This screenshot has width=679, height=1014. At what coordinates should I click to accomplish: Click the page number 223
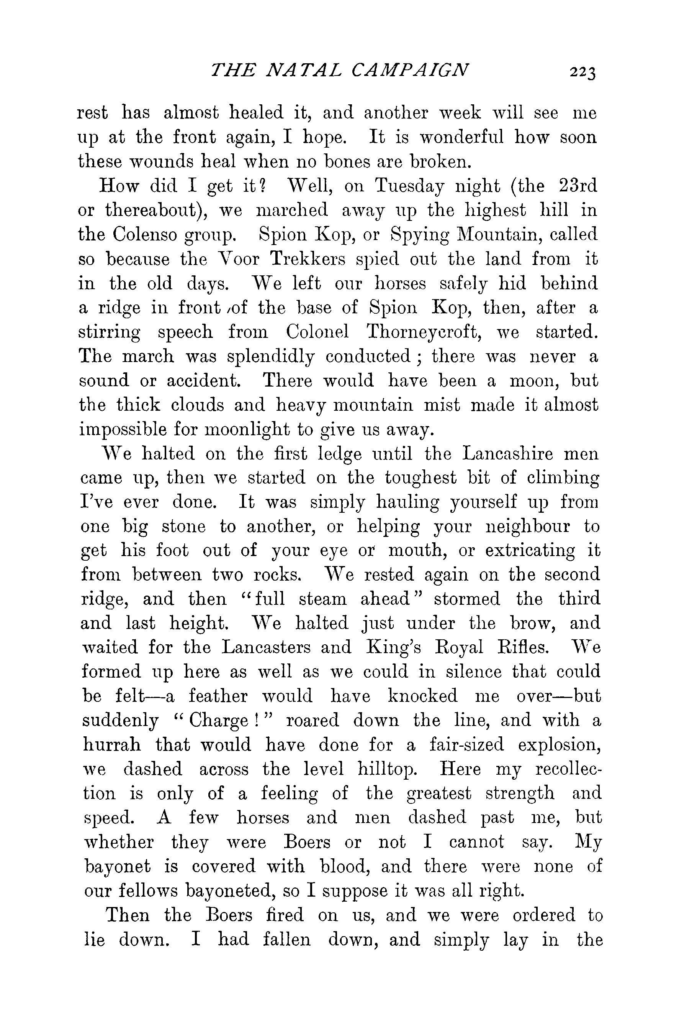coord(583,72)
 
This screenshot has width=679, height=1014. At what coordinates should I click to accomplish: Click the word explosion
coord(560,745)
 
